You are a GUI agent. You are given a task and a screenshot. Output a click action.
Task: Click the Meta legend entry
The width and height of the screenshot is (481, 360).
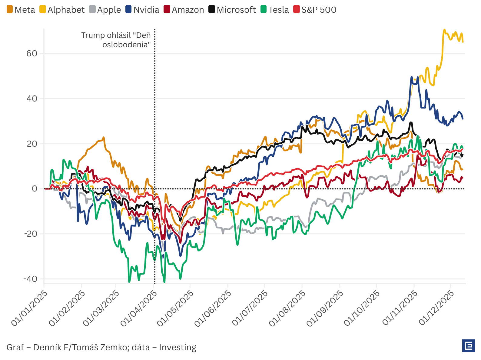(21, 10)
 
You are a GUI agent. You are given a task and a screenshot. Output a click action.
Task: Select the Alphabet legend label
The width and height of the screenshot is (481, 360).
(62, 10)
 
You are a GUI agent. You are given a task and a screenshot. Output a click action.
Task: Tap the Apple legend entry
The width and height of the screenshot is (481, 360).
(105, 10)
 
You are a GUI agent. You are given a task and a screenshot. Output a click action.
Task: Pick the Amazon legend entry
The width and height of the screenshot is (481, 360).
(184, 10)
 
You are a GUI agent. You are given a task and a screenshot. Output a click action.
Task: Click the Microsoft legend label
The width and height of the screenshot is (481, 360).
(232, 10)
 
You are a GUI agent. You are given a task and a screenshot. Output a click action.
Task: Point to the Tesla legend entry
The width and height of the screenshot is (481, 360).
(275, 10)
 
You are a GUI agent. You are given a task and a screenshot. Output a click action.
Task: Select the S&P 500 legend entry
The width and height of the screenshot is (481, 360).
(315, 10)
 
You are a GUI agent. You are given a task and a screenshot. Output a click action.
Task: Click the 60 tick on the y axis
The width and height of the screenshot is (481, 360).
(32, 54)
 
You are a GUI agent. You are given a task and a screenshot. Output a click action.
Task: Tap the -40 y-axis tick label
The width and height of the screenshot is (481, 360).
(30, 279)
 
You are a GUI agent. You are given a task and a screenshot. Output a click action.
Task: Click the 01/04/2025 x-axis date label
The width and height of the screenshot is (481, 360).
(139, 308)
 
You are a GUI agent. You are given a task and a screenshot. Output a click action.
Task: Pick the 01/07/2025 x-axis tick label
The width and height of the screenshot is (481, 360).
(250, 308)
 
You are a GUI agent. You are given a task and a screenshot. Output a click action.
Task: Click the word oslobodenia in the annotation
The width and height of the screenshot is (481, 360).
(126, 45)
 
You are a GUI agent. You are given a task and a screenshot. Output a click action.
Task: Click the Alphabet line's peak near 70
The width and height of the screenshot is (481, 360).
(444, 30)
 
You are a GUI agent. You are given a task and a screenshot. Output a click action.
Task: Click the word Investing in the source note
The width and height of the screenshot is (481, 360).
(177, 347)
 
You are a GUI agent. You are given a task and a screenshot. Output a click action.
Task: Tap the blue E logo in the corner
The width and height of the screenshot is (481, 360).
(469, 346)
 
